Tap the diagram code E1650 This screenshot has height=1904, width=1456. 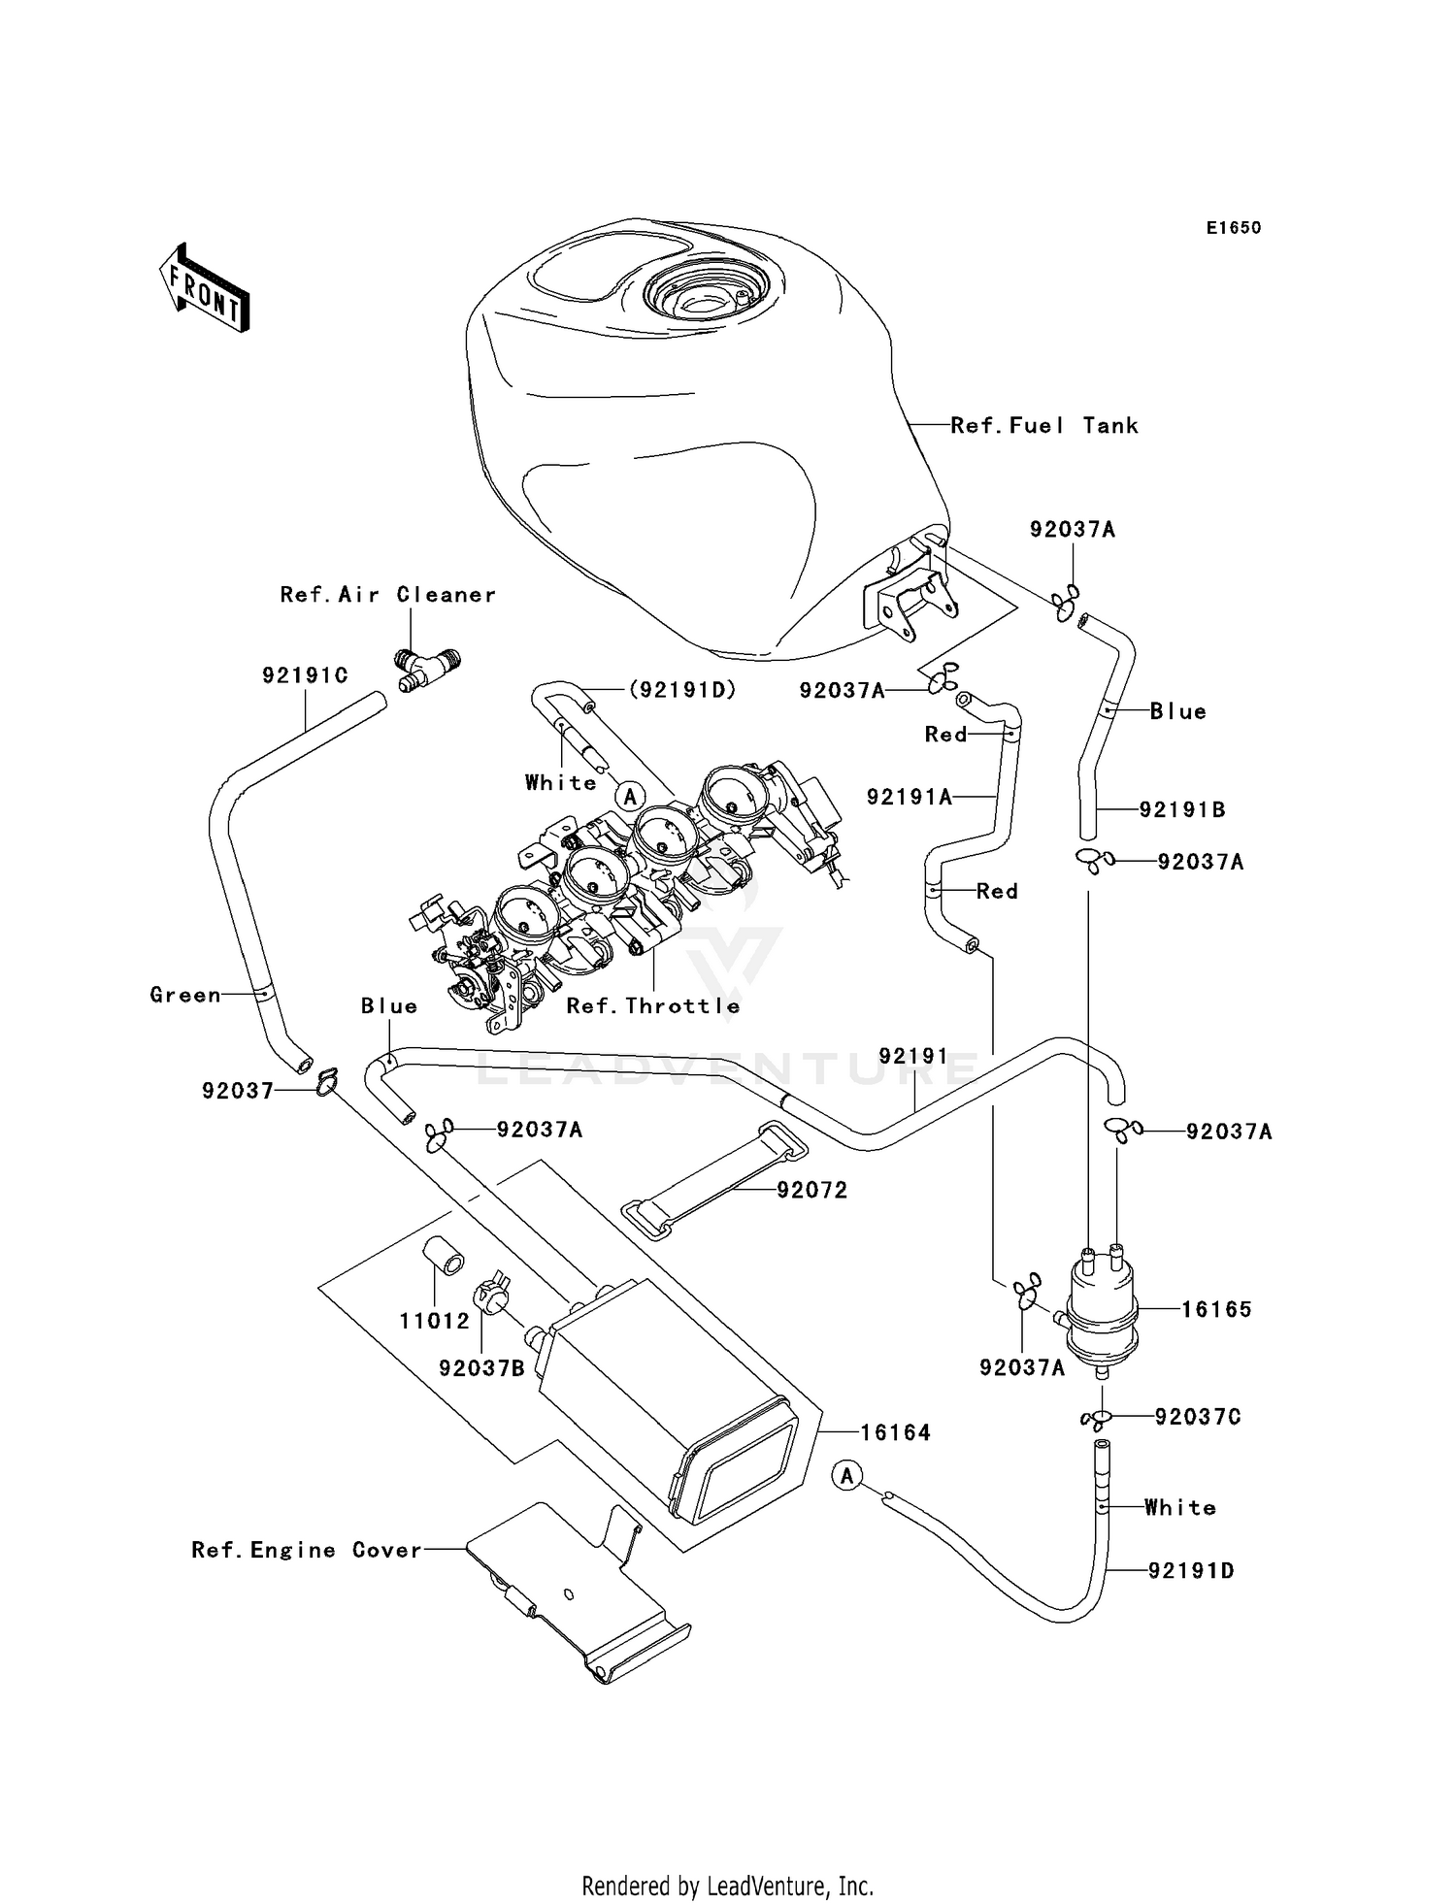1233,228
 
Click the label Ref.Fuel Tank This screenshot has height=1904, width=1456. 1043,425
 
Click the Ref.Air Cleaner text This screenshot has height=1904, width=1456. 387,594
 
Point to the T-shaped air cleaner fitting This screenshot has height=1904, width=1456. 427,669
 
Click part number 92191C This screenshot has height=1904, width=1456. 305,674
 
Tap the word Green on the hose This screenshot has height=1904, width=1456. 184,995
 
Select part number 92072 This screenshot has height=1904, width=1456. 811,1190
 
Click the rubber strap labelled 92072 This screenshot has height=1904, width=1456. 713,1180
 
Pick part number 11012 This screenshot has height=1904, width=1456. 434,1321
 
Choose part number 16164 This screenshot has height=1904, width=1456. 895,1432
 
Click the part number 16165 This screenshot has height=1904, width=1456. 1215,1309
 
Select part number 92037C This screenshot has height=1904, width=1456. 1197,1417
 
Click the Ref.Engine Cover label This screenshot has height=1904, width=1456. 307,1550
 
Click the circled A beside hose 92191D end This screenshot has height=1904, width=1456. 847,1476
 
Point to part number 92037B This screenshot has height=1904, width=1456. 481,1368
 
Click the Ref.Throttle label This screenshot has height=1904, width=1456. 653,1006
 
